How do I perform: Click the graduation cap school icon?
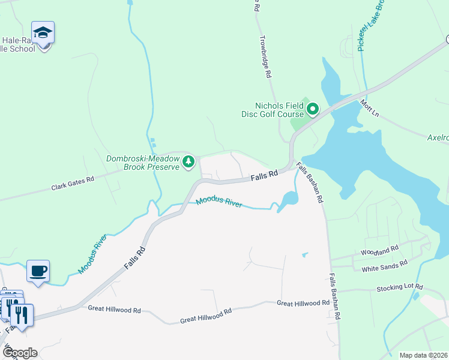pos(43,34)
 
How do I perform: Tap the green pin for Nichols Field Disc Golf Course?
pos(312,109)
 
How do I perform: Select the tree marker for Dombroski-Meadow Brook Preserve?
pos(188,161)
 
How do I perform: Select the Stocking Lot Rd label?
pos(400,288)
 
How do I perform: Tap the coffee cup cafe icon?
pos(38,271)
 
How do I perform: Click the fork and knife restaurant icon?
pos(22,314)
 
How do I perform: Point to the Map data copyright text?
pos(423,355)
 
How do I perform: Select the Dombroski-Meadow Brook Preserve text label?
pos(143,163)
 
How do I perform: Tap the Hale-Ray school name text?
pos(18,44)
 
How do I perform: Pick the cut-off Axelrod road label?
pos(438,137)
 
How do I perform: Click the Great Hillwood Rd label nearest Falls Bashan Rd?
pos(303,303)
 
